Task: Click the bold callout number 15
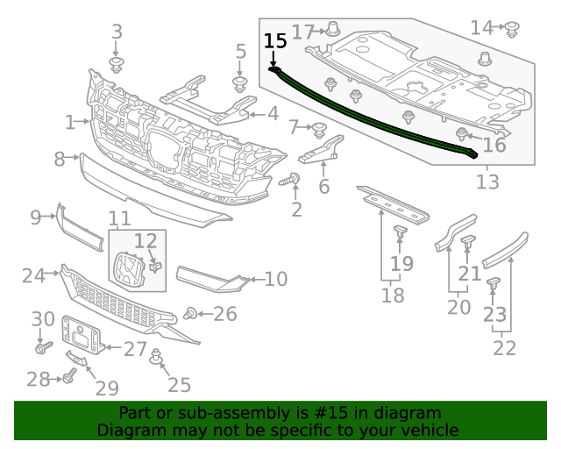(274, 40)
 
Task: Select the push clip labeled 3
(116, 65)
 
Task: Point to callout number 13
(487, 182)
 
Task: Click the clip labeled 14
(513, 29)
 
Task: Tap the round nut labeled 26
(190, 313)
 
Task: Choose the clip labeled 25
(157, 356)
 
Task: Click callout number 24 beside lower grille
(33, 275)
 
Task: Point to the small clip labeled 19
(400, 232)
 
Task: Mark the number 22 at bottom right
(504, 347)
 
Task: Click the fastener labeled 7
(320, 129)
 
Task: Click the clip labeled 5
(238, 84)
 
